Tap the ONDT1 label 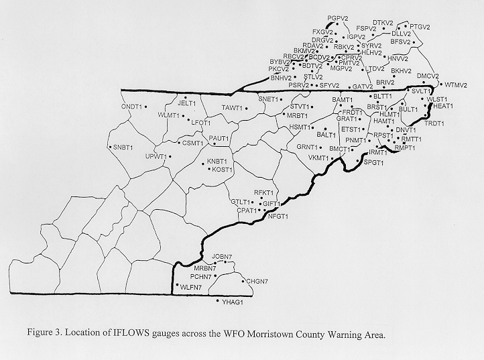click(132, 107)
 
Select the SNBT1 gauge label click(123, 147)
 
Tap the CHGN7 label click(257, 281)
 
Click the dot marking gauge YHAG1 click(218, 301)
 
